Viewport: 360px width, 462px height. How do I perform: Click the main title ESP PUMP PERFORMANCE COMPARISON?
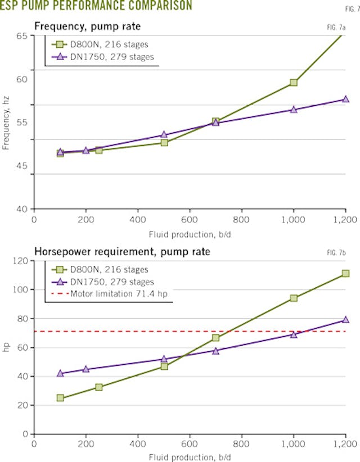click(96, 6)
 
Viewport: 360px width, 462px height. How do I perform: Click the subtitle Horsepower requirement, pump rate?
click(122, 252)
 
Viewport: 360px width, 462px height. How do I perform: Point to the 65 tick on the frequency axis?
click(22, 36)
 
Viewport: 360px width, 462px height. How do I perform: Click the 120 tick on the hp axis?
click(20, 261)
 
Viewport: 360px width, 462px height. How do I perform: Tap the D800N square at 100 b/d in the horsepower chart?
click(60, 398)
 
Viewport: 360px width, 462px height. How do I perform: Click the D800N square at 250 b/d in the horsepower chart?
click(99, 387)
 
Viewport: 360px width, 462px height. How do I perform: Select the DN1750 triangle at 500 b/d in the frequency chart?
click(164, 135)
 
